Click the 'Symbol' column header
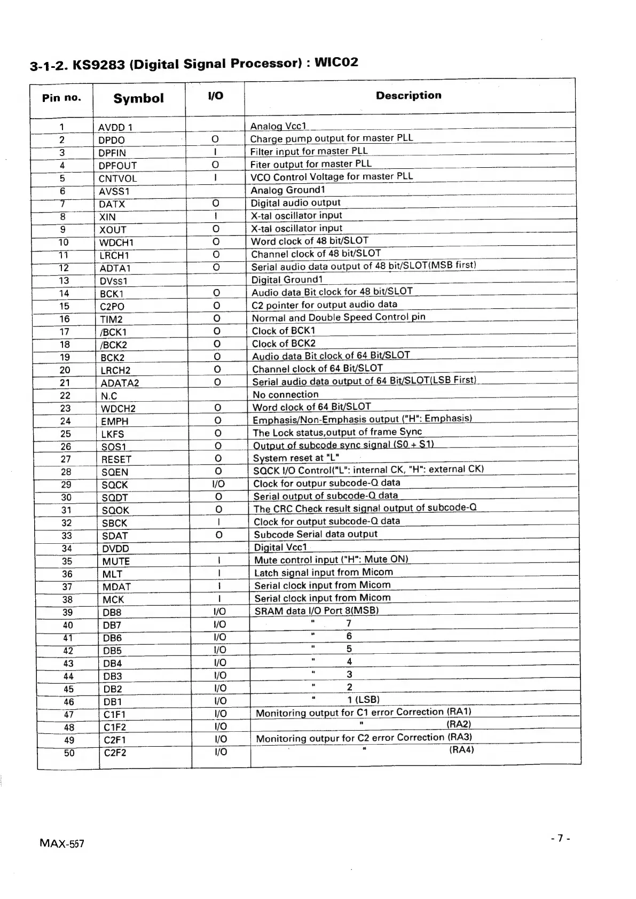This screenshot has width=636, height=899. point(138,98)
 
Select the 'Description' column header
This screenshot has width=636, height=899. point(409,96)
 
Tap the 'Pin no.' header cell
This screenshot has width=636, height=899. point(62,98)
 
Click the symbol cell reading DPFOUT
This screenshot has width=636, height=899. point(117,166)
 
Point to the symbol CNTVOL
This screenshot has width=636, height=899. point(117,178)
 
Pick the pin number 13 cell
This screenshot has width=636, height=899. point(64,280)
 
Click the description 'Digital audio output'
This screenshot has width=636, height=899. point(295,203)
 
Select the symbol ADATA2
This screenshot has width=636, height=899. point(120,383)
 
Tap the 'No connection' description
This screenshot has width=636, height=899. point(285,395)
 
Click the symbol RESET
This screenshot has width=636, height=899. point(116,459)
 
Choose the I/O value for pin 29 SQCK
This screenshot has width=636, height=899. point(218,484)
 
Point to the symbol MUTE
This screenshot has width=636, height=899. point(116,561)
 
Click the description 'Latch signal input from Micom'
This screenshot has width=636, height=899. point(323,572)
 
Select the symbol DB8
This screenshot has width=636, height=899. point(112,613)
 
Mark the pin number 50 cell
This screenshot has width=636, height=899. point(69,753)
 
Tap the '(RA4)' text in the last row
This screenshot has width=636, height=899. point(461,749)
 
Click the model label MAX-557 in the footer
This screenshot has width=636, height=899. point(61,843)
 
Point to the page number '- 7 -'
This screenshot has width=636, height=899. point(560,838)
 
